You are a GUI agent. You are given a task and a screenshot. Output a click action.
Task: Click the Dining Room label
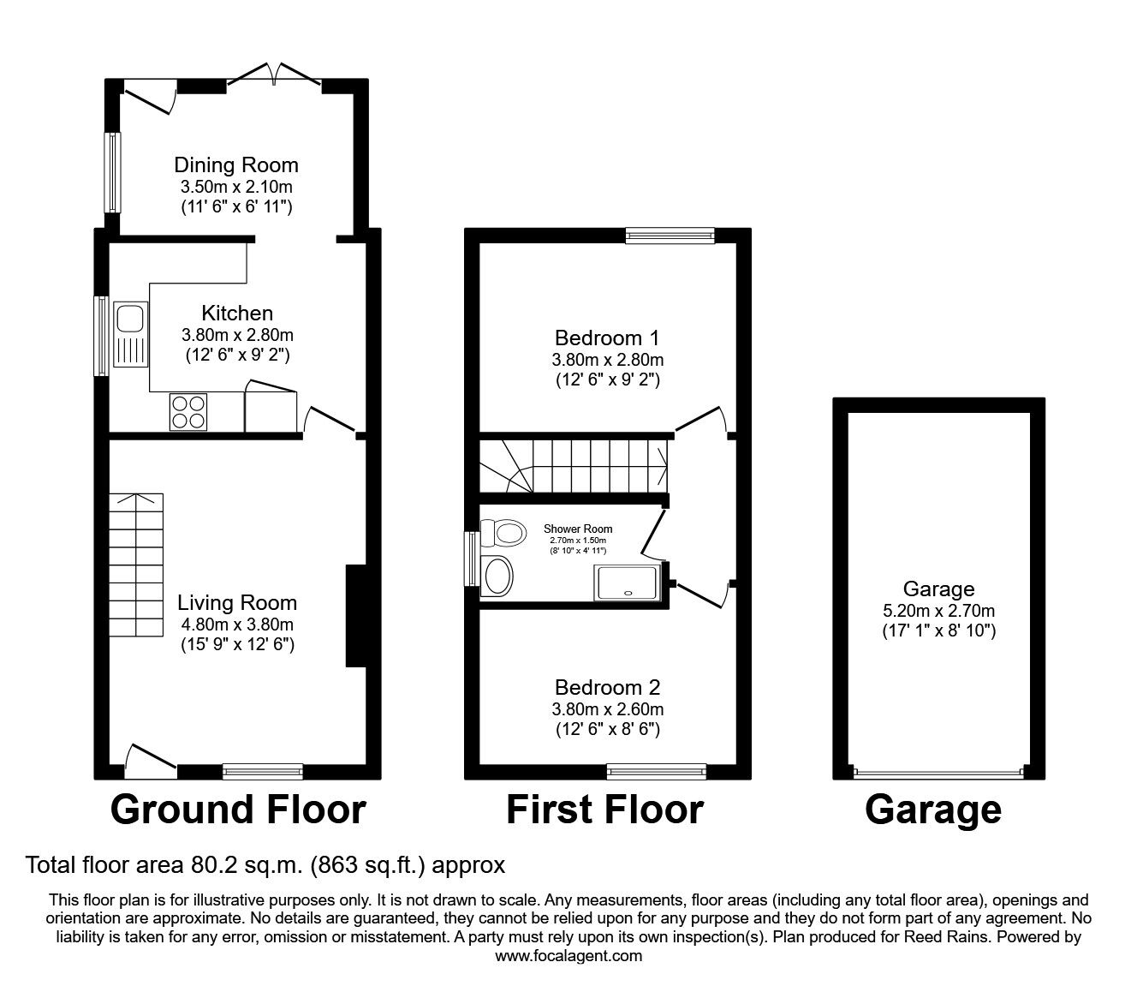click(236, 164)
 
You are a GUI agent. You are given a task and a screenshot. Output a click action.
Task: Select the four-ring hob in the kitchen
click(188, 410)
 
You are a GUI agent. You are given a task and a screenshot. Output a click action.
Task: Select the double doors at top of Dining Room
click(273, 75)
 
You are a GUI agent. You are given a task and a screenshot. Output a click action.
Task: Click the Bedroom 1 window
click(670, 236)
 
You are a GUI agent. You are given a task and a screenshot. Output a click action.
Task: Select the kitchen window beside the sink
click(101, 336)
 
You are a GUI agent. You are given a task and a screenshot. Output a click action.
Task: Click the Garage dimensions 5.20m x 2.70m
click(938, 611)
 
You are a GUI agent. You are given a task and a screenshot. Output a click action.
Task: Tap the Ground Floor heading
click(238, 810)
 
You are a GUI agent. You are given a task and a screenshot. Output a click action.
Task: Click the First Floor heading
click(604, 810)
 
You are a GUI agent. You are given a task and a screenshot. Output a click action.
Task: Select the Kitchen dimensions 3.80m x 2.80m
click(237, 335)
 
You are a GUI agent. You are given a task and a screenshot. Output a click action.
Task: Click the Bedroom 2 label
click(608, 687)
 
